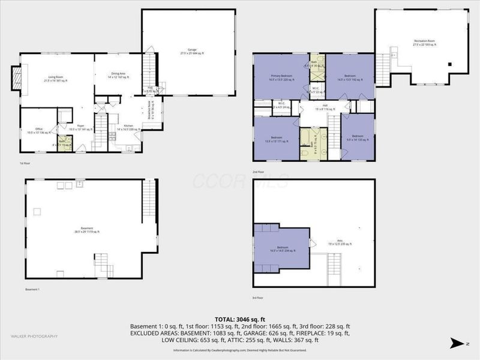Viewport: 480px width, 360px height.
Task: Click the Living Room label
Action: coord(58,79)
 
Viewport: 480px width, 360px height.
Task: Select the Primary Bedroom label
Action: coord(281,77)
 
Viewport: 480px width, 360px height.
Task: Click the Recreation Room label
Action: coord(424,43)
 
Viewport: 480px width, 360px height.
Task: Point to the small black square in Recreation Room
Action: coord(450,64)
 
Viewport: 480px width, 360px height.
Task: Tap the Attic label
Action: coord(340,243)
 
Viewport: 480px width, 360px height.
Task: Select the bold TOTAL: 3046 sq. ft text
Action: coord(239,318)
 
